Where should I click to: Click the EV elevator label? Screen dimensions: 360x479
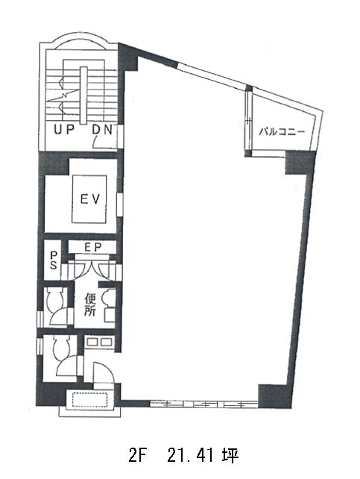click(x=89, y=199)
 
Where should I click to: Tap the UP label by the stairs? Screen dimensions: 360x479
click(x=64, y=130)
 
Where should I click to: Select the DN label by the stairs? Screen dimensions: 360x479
click(x=103, y=130)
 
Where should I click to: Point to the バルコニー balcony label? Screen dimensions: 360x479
click(x=282, y=132)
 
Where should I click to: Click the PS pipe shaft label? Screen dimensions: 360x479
click(x=54, y=260)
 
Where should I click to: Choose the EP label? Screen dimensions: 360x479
click(x=92, y=247)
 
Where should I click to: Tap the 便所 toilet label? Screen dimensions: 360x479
click(x=90, y=304)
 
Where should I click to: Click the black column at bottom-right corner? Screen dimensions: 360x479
click(x=274, y=396)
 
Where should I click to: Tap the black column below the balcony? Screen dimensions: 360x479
click(x=300, y=162)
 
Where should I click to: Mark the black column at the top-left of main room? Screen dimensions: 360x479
click(x=128, y=58)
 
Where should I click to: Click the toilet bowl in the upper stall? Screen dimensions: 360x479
click(x=55, y=298)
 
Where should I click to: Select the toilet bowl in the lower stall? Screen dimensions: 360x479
click(x=62, y=348)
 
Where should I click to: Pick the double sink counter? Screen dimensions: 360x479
click(x=98, y=342)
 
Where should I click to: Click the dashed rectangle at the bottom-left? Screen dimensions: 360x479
click(x=90, y=399)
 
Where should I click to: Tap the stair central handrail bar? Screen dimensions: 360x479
click(x=83, y=96)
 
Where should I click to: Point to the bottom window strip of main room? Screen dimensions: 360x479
click(x=203, y=404)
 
